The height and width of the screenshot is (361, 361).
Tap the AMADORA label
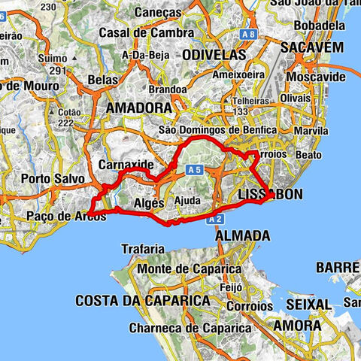tap(139, 108)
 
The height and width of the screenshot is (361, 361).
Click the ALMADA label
tap(242, 235)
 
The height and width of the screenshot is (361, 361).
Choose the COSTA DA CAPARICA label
tap(142, 300)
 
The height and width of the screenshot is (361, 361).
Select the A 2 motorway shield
tap(217, 218)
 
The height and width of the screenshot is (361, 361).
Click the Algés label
tap(147, 203)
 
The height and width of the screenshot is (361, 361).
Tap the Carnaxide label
tap(126, 164)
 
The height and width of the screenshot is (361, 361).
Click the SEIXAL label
tap(308, 304)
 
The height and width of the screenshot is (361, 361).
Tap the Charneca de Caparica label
tap(189, 328)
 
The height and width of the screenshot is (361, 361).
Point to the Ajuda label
tap(187, 201)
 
